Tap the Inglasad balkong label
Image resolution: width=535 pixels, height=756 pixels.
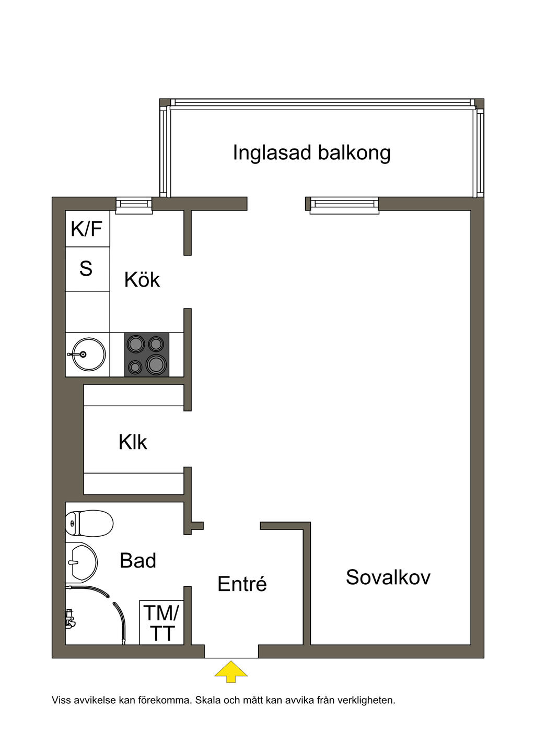point(311,152)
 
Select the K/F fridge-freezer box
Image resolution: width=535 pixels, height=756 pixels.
point(87,229)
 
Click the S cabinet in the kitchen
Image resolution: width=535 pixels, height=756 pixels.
point(87,269)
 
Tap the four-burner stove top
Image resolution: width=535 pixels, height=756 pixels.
point(147,355)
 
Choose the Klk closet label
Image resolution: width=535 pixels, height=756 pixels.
point(133,442)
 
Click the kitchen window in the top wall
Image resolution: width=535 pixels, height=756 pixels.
point(134,206)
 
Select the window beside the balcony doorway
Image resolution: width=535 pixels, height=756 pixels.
point(344,205)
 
